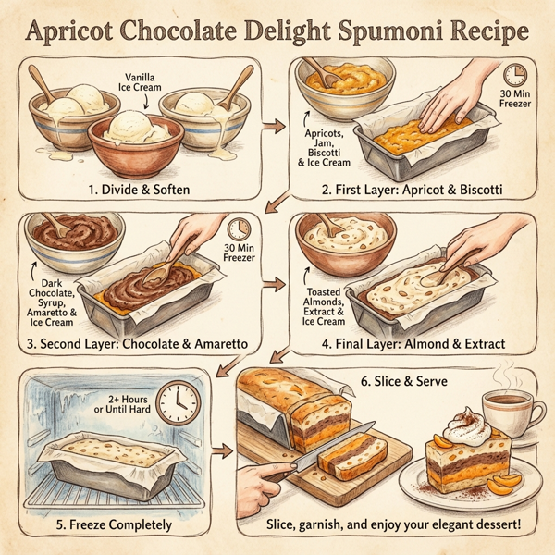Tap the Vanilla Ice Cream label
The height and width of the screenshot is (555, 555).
pyautogui.click(x=137, y=84)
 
